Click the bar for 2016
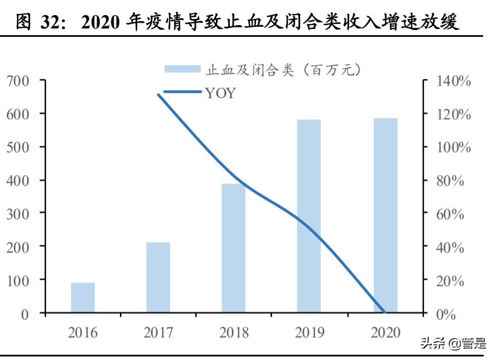click(83, 298)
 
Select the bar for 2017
click(158, 277)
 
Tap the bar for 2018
click(233, 248)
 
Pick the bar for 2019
click(308, 216)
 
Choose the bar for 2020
click(385, 215)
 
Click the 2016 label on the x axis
click(83, 333)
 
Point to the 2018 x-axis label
click(234, 333)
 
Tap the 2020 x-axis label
click(385, 333)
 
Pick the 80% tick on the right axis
click(450, 181)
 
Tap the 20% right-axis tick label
click(450, 281)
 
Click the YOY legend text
click(220, 93)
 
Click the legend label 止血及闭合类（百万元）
click(284, 70)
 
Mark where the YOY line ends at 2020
click(384, 312)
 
